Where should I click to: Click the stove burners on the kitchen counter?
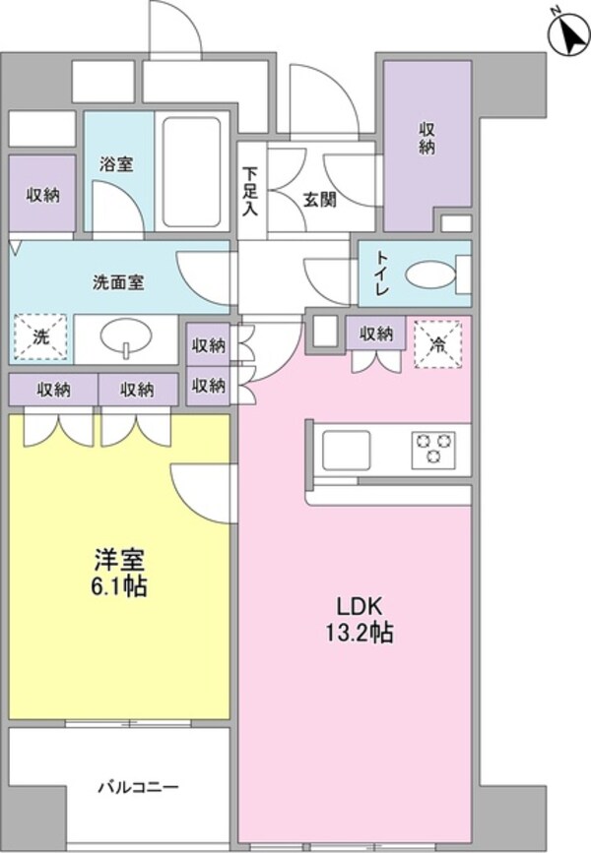coord(434,450)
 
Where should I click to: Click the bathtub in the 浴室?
coord(193,173)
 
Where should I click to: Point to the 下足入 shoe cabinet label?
coord(251,192)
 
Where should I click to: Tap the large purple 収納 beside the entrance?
coord(426,138)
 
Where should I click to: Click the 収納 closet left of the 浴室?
coord(42,194)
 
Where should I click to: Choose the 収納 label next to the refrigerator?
coord(376,335)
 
